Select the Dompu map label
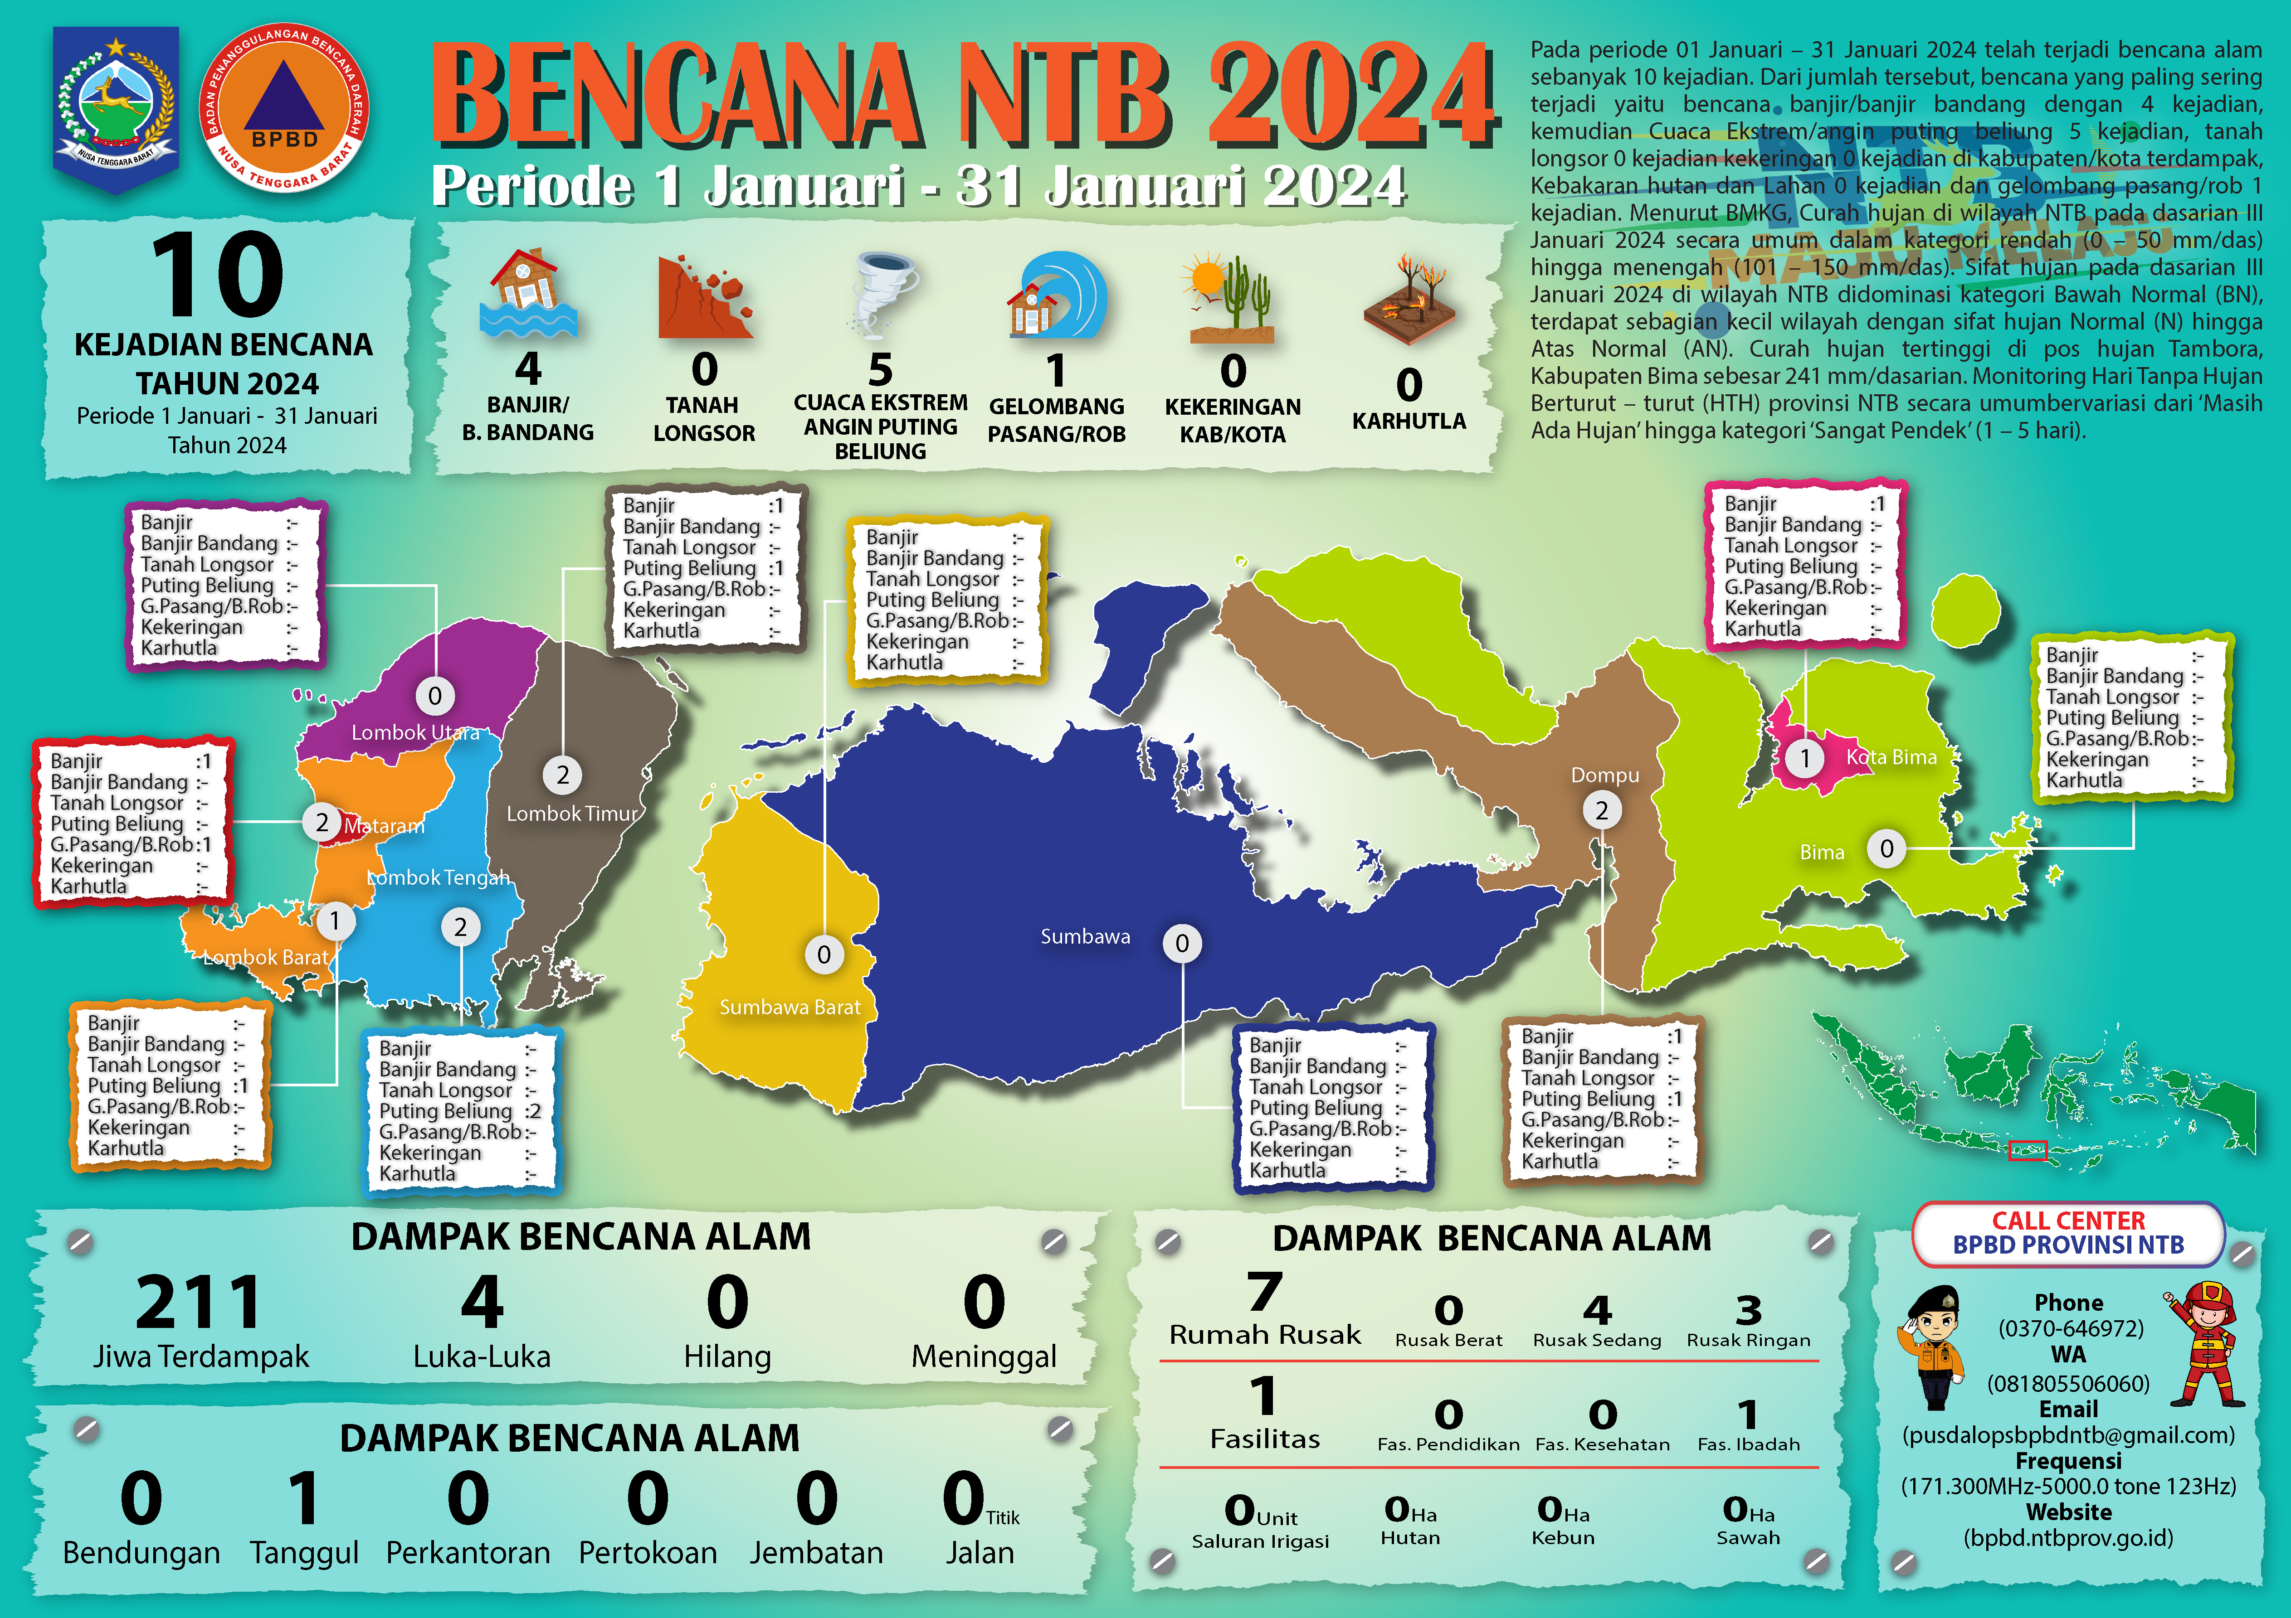pyautogui.click(x=1604, y=775)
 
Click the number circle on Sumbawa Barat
pyautogui.click(x=824, y=954)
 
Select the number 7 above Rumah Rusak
pyautogui.click(x=1264, y=1292)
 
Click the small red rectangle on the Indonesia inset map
pyautogui.click(x=2027, y=1150)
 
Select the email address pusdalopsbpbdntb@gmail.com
pyautogui.click(x=2068, y=1435)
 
